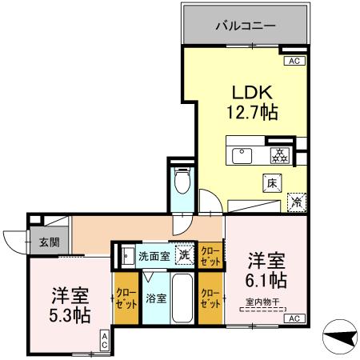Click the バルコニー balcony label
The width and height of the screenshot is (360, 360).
point(246,26)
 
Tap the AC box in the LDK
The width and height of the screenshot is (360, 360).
point(294,61)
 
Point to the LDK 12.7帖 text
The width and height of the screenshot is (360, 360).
point(252,102)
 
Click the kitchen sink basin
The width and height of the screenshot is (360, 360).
point(242,156)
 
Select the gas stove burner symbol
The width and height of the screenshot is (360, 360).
point(280,155)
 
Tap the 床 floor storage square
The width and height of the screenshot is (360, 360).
point(272,183)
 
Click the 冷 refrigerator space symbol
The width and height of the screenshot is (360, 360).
point(297,202)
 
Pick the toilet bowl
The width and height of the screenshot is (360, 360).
point(182,181)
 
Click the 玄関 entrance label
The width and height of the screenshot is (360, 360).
point(50,242)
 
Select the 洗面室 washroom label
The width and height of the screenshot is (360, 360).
point(154,256)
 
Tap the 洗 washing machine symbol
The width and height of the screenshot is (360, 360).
point(185,256)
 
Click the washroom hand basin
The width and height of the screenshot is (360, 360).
point(128,256)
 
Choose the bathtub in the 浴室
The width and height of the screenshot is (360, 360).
point(182,298)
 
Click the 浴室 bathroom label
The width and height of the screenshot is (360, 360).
point(156,298)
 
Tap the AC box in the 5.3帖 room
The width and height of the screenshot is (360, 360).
point(105,341)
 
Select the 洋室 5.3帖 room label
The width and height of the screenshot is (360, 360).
point(70,305)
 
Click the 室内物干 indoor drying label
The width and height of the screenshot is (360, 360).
point(262,302)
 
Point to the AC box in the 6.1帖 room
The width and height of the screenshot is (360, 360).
point(294,318)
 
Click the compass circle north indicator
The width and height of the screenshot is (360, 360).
point(340,337)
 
